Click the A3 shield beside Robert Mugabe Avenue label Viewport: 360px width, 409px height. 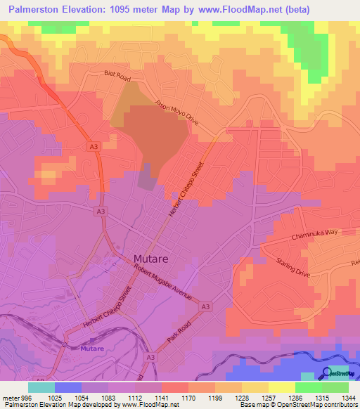point(205,307)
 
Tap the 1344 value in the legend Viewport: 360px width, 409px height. point(347,396)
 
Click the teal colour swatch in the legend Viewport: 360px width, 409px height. point(41,387)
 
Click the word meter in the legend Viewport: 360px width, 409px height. point(8,396)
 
